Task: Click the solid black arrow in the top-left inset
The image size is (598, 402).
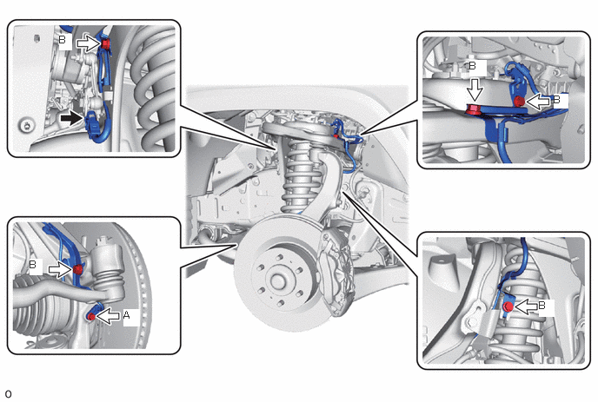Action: coord(71,119)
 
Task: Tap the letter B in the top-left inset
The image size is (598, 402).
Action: coord(63,40)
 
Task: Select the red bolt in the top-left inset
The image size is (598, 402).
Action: coord(106,43)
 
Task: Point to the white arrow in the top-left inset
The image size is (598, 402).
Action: coord(89,43)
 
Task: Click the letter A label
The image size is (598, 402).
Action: coord(127,315)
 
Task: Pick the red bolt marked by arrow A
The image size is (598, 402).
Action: coord(91,316)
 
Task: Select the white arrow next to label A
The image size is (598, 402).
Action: coord(109,315)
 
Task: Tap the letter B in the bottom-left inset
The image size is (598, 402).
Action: coord(33,264)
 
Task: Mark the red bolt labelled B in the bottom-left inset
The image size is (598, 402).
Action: coord(77,270)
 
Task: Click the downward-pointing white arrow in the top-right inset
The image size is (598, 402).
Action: coord(475,89)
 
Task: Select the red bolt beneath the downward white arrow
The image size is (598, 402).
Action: coord(474,110)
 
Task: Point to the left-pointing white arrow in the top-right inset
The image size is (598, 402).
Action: coord(538,101)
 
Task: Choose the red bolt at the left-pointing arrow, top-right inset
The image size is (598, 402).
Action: coord(519,102)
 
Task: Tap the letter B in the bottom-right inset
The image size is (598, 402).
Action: coord(542,305)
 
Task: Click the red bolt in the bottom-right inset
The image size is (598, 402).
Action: coord(508,306)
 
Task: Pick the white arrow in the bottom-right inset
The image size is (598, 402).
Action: coord(525,306)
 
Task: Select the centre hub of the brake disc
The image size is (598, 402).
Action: coord(278,281)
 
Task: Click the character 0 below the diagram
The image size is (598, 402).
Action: coord(9,394)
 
